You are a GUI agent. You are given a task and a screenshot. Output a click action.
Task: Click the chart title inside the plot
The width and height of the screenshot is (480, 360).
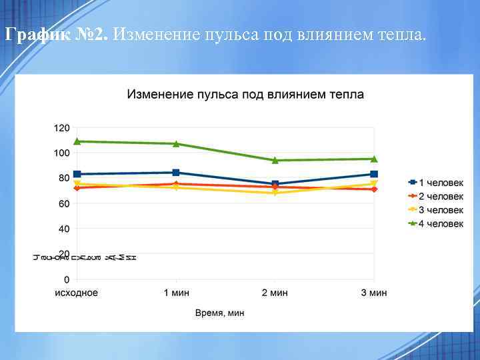[245, 95]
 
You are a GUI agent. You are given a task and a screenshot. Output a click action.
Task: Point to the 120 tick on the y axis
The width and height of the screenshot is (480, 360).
[61, 127]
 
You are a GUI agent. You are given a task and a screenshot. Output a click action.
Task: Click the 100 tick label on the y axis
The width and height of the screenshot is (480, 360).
[61, 153]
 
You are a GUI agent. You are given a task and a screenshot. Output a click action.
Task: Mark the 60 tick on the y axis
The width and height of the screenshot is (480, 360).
[63, 203]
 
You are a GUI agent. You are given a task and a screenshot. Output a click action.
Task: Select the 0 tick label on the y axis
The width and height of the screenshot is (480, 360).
[66, 279]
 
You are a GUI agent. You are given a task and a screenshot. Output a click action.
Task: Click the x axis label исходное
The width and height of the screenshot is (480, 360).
[76, 293]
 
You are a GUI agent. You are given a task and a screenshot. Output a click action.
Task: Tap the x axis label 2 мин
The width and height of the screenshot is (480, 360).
[275, 293]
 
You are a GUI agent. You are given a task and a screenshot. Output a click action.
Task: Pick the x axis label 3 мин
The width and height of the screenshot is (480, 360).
[374, 293]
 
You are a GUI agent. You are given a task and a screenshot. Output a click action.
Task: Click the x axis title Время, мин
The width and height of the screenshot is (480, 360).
[220, 313]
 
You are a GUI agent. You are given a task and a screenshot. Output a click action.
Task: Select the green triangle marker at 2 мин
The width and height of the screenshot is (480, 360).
[275, 160]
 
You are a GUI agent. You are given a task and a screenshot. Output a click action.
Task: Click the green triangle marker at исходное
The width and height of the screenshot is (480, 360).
[77, 141]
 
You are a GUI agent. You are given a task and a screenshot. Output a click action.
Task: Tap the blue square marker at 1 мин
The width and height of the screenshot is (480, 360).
[176, 173]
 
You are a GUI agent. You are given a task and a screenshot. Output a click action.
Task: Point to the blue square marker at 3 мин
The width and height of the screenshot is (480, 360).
[374, 174]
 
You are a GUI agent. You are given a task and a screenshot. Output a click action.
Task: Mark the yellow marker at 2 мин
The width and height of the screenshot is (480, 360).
[275, 193]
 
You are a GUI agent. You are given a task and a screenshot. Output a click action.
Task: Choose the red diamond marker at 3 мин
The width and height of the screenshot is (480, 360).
[374, 189]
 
